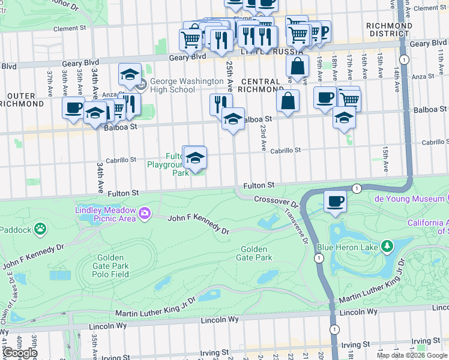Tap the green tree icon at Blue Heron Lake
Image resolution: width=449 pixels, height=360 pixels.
[388, 245]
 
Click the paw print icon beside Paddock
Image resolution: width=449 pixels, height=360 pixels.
[40, 229]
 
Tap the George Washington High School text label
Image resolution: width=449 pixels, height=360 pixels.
[172, 85]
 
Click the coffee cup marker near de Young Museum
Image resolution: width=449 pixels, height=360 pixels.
[336, 200]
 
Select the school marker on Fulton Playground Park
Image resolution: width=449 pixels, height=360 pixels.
[194, 158]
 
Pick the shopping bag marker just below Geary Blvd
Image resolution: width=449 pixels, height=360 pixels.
[297, 67]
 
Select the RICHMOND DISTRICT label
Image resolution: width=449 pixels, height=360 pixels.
[390, 30]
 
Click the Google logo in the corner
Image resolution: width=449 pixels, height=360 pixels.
[19, 353]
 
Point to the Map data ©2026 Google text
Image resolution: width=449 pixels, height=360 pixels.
[412, 355]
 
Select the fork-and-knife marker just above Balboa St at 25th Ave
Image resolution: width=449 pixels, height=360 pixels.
[220, 104]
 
